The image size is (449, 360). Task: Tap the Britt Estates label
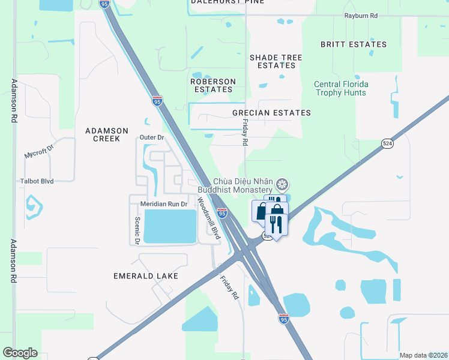(353, 44)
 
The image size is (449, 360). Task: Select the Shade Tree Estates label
(276, 61)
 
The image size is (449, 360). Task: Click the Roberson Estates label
(212, 85)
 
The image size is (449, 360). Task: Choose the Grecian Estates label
(272, 113)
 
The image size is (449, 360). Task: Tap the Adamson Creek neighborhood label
(107, 134)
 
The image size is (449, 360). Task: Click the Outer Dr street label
(151, 137)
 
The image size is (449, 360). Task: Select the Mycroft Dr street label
(39, 154)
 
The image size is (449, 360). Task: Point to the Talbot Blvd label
(38, 180)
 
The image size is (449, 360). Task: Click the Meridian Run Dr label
(164, 204)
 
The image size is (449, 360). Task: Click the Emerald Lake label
(146, 276)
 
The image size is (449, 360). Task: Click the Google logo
(20, 352)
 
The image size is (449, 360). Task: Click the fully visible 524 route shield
(387, 143)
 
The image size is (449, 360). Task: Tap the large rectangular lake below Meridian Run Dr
(170, 226)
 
